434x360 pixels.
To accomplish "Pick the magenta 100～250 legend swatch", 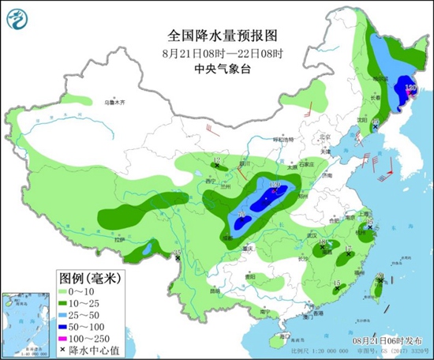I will click(67, 337).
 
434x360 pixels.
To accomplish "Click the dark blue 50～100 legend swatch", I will click(67, 326).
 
